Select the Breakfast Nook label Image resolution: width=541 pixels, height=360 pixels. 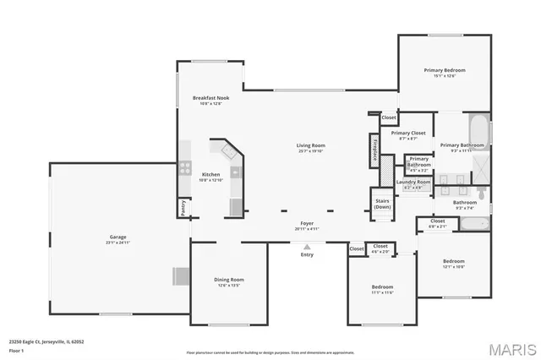click(210, 98)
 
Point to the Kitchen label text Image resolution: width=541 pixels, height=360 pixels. click(210, 174)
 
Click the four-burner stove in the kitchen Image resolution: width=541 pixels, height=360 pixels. click(183, 166)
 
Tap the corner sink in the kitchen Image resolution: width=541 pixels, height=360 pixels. click(229, 151)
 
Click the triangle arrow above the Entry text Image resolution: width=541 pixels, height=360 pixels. click(307, 246)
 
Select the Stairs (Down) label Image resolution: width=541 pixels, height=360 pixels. click(382, 204)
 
